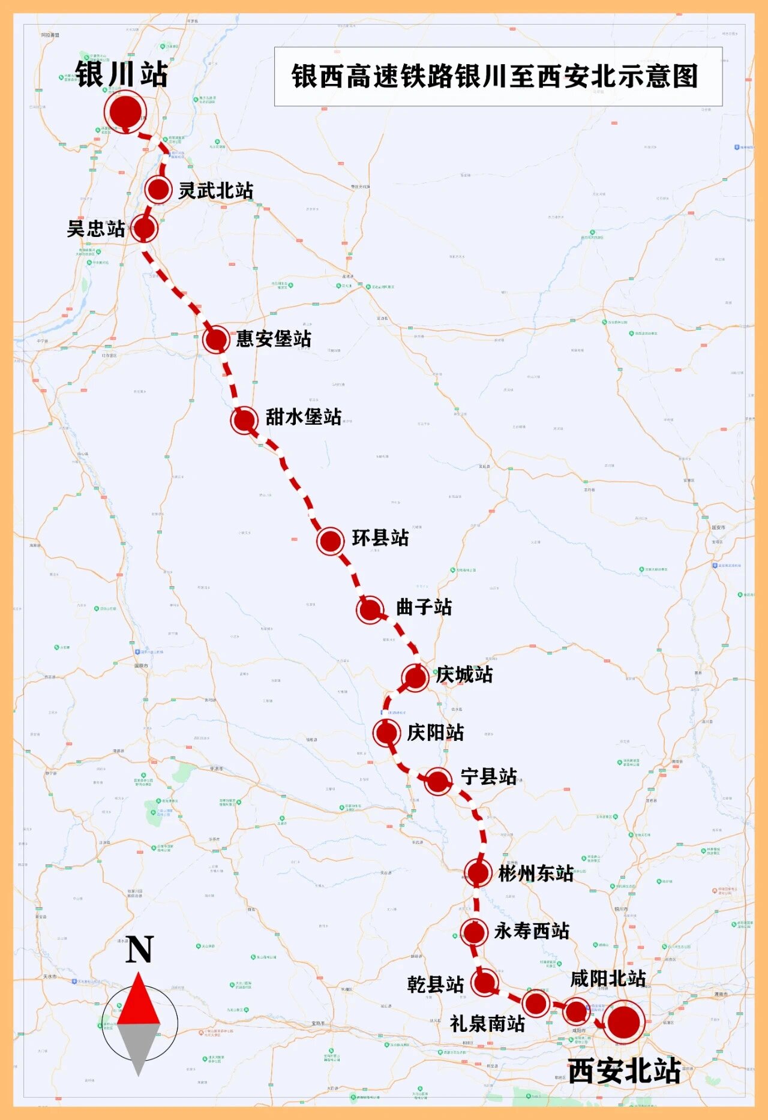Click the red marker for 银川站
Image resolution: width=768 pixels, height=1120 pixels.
[125, 112]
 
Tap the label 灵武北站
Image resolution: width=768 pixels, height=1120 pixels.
[215, 191]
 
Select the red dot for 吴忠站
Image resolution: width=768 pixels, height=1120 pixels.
[144, 228]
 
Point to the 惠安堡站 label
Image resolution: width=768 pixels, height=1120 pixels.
[273, 339]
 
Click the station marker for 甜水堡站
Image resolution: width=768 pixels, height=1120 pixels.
[244, 419]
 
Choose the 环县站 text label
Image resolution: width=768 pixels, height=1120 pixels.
[380, 538]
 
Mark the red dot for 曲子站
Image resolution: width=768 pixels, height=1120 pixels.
[370, 609]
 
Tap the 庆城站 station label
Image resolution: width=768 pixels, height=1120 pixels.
[464, 675]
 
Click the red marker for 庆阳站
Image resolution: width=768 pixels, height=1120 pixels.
[386, 732]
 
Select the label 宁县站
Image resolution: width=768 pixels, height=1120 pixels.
[488, 776]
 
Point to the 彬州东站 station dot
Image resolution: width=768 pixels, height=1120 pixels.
[478, 873]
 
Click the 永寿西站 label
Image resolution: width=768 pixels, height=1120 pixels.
[532, 931]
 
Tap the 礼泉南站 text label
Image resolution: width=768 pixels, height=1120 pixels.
[487, 1023]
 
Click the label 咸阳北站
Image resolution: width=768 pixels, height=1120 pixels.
[607, 979]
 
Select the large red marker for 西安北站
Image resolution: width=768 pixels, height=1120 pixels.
[623, 1022]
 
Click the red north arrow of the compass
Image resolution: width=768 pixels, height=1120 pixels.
[139, 1001]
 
